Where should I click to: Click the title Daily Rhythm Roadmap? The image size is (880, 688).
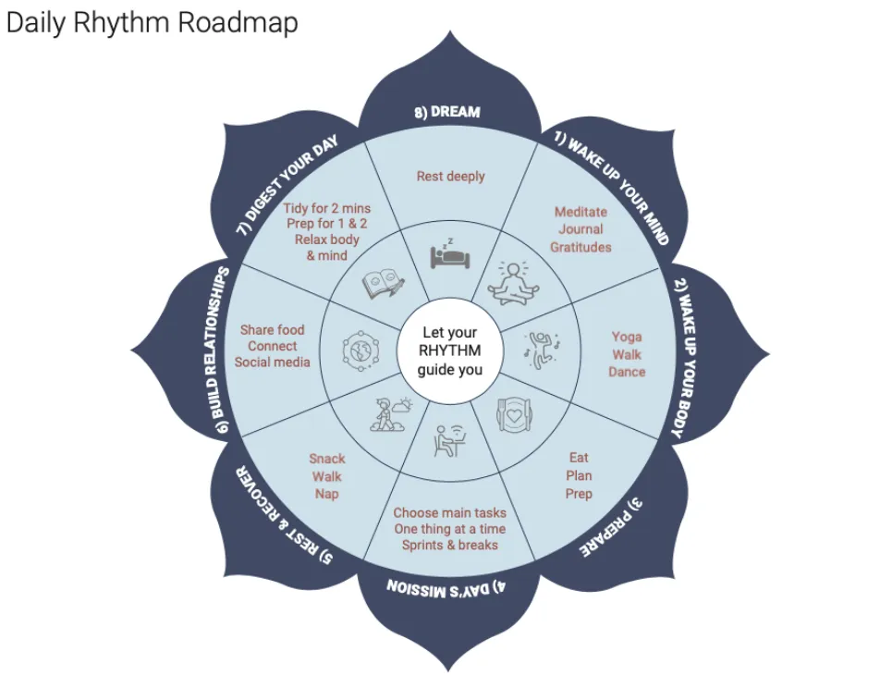[x=152, y=23]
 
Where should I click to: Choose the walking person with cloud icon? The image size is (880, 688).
[x=388, y=412]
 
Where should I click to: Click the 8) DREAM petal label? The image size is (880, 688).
[x=446, y=112]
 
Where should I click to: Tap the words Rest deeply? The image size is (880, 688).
[x=450, y=176]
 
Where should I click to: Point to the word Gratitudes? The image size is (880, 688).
[x=581, y=247]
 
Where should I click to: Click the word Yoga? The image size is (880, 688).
[x=627, y=337]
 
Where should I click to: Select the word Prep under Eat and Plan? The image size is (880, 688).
[x=579, y=494]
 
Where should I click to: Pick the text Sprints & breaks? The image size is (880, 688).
[x=449, y=545]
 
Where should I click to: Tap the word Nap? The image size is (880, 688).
[x=326, y=494]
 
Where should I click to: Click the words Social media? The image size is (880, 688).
[x=272, y=362]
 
